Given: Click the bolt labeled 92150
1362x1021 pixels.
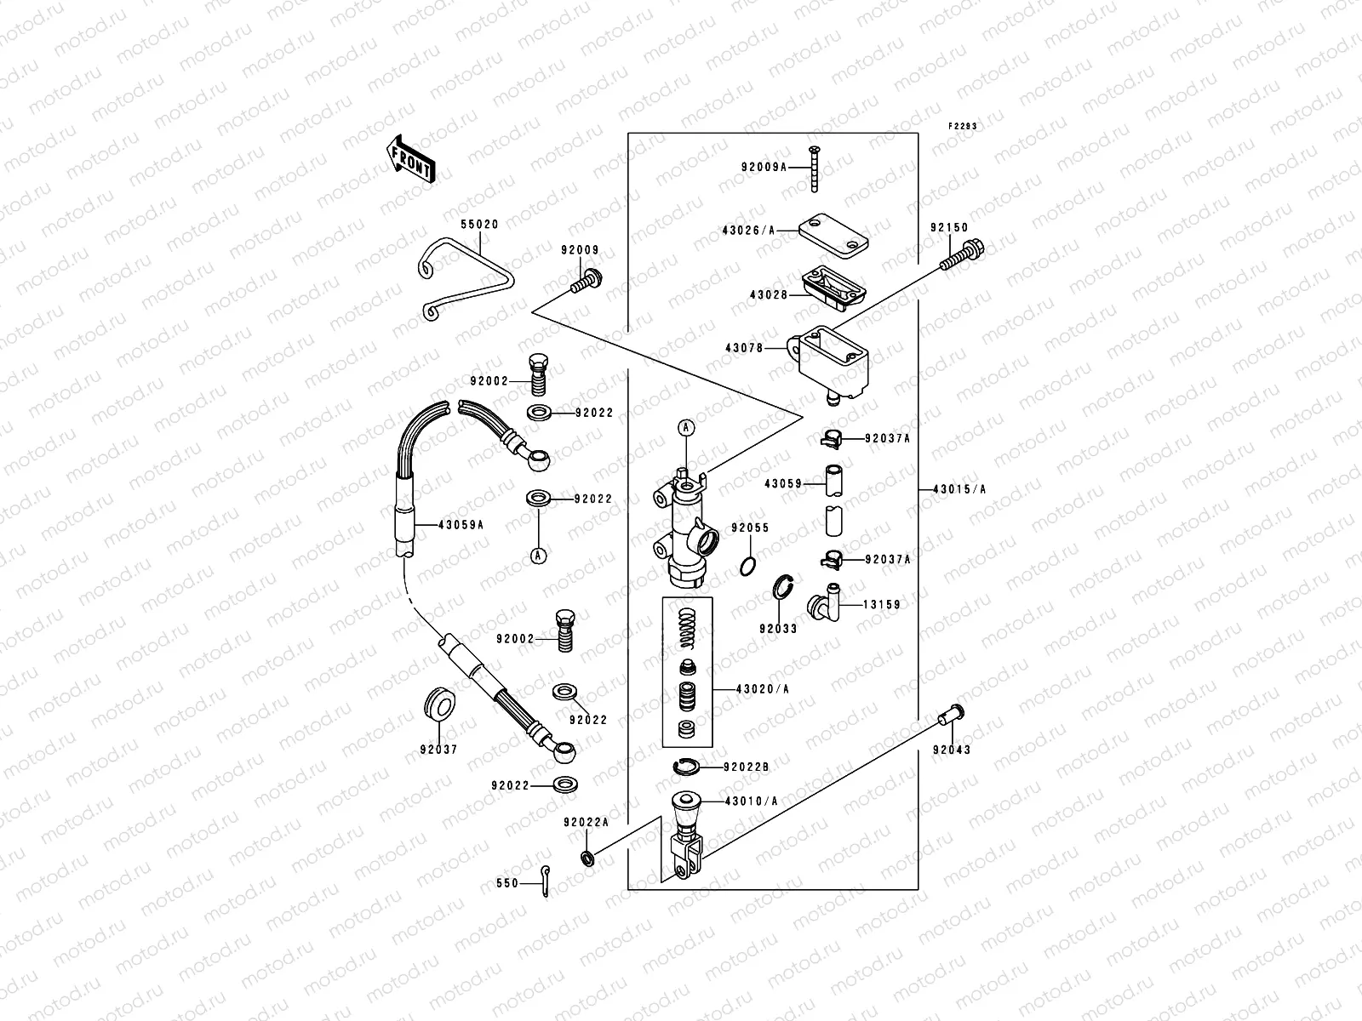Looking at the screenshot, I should click(962, 255).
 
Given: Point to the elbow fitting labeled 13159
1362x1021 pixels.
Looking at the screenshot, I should click(823, 604).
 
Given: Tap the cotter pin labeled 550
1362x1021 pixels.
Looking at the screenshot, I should click(541, 882).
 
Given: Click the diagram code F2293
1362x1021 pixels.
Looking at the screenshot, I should click(964, 126).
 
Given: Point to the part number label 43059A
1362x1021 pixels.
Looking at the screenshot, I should click(461, 524).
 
